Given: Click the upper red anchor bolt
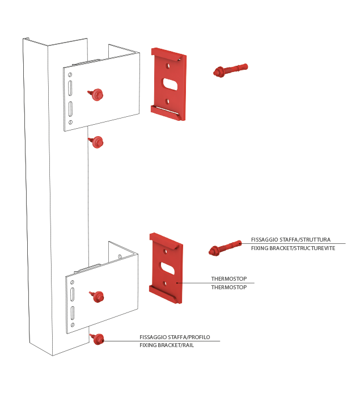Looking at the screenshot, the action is coord(230,70).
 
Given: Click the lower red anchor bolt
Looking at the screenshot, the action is coord(225,248).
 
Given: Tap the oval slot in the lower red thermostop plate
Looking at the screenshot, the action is coord(168,269).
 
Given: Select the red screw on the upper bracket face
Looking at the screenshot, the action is coord(96,95).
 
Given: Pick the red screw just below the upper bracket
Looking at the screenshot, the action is coord(96,142).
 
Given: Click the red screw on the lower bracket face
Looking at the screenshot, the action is coord(97,297).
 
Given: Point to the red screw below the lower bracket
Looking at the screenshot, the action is coord(97,339).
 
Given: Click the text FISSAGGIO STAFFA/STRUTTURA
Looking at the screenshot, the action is coord(291,239).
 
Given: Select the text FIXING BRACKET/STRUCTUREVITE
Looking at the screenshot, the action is coord(293,248).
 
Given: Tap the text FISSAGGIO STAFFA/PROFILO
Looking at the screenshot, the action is coord(175,337).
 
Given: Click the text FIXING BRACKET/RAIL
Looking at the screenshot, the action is coord(167,345).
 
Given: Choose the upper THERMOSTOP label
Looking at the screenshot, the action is coord(229,279).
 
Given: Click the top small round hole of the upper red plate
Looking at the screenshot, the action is coord(168,66).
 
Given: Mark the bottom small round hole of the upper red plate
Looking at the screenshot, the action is coord(167,102).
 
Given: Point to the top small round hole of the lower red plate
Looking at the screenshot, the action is coord(166,252).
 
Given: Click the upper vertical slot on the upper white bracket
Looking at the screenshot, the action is coord(70,88).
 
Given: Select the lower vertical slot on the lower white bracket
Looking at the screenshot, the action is coord(73,313).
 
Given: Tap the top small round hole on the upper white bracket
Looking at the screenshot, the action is coord(70,75).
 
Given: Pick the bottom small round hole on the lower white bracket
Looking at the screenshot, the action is coord(73,324).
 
